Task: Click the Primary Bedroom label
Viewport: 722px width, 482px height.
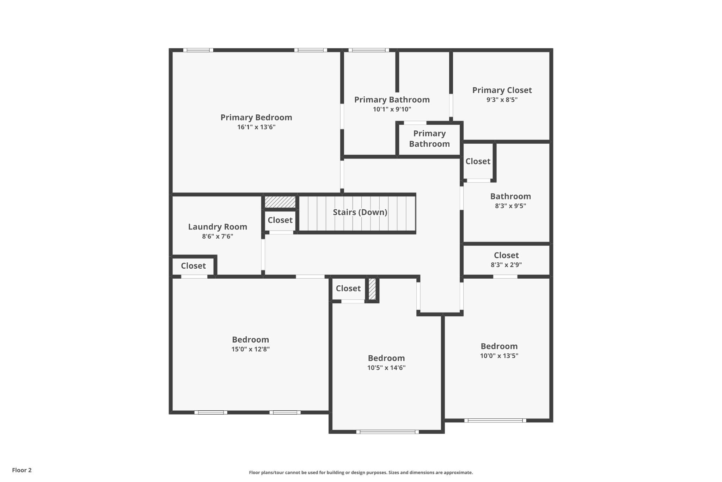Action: pyautogui.click(x=256, y=117)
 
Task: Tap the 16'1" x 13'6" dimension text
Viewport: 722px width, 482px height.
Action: pyautogui.click(x=256, y=127)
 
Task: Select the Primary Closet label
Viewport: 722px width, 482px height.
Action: pyautogui.click(x=502, y=90)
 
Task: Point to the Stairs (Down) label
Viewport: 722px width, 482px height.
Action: pyautogui.click(x=360, y=212)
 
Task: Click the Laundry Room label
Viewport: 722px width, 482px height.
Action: pyautogui.click(x=218, y=227)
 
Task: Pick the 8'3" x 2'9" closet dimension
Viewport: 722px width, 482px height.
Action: pyautogui.click(x=506, y=265)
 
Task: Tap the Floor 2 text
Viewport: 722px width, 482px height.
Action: pyautogui.click(x=22, y=470)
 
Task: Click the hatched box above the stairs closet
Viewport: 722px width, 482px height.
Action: pyautogui.click(x=280, y=202)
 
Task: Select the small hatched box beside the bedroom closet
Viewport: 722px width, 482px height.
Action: pyautogui.click(x=372, y=289)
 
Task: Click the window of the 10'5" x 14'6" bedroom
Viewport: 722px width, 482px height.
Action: pyautogui.click(x=387, y=432)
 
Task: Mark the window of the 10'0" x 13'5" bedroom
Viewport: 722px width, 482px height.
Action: pyautogui.click(x=495, y=420)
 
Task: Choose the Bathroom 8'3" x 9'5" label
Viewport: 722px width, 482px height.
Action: pyautogui.click(x=510, y=196)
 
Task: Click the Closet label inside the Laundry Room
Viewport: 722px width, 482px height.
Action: pyautogui.click(x=193, y=266)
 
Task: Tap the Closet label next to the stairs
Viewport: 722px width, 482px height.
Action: pyautogui.click(x=280, y=220)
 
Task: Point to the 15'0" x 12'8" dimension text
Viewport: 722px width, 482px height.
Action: pyautogui.click(x=250, y=349)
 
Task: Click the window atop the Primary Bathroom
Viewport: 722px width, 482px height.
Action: pyautogui.click(x=369, y=50)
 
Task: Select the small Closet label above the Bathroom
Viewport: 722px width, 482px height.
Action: pyautogui.click(x=478, y=161)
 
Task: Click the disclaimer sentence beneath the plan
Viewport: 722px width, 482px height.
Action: pyautogui.click(x=361, y=472)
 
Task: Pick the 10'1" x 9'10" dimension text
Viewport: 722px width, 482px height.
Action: pyautogui.click(x=392, y=109)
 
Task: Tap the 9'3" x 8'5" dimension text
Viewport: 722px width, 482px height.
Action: pyautogui.click(x=502, y=100)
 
